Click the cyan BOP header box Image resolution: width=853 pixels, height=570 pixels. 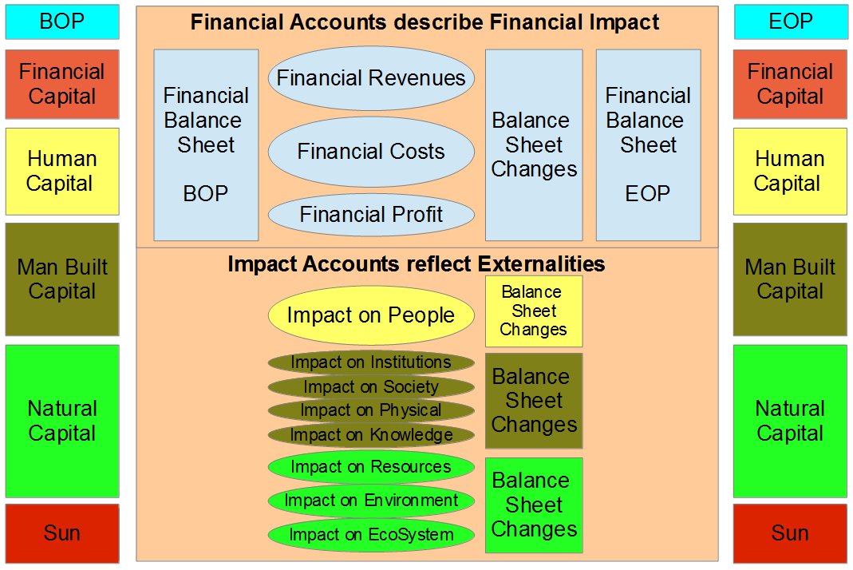pyautogui.click(x=62, y=22)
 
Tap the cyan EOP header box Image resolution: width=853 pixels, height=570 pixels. pyautogui.click(x=791, y=22)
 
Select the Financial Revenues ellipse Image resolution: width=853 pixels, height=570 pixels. pyautogui.click(x=371, y=78)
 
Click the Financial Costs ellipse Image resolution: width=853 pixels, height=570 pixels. pyautogui.click(x=371, y=152)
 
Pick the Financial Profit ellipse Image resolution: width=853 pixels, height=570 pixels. pyautogui.click(x=371, y=215)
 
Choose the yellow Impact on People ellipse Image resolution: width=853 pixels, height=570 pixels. pyautogui.click(x=371, y=315)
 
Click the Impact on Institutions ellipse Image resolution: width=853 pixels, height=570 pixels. pyautogui.click(x=371, y=362)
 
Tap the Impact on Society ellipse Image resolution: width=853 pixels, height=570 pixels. pyautogui.click(x=371, y=386)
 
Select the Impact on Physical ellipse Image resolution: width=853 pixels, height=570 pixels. pyautogui.click(x=371, y=410)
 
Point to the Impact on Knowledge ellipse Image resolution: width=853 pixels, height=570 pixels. pyautogui.click(x=371, y=434)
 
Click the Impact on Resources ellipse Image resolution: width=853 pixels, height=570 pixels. pyautogui.click(x=371, y=467)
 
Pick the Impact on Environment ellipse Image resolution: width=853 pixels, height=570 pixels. pyautogui.click(x=371, y=501)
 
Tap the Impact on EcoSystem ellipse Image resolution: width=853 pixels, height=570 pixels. pyautogui.click(x=371, y=535)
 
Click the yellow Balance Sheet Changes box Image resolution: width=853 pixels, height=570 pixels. pyautogui.click(x=534, y=311)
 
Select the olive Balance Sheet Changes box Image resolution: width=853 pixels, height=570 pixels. pyautogui.click(x=534, y=401)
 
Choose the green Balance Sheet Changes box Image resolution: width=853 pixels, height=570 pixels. pyautogui.click(x=534, y=505)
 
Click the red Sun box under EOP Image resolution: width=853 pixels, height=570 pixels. pyautogui.click(x=790, y=533)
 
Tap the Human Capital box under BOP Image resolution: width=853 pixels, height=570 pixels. pyautogui.click(x=62, y=172)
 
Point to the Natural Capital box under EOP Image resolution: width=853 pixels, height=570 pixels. pyautogui.click(x=790, y=421)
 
